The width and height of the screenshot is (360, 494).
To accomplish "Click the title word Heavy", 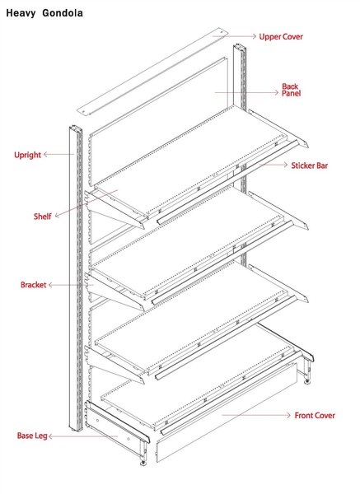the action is [21, 13].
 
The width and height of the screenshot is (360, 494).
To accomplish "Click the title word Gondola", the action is [63, 13].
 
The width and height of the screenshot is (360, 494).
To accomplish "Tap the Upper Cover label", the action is [281, 36].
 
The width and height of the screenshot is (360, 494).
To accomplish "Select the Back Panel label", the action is [291, 90].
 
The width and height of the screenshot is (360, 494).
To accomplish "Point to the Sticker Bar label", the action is [309, 165].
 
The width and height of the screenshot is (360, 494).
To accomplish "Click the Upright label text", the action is [27, 155].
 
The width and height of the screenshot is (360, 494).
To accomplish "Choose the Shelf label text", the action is [42, 217].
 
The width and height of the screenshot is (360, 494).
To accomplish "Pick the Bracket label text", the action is [34, 285].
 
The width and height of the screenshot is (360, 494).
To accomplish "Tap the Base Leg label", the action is [32, 436].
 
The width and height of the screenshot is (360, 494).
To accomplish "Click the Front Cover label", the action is [315, 416].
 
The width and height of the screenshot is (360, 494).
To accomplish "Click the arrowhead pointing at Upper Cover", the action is [254, 36].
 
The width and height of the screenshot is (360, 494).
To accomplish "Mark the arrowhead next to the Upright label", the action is [45, 155].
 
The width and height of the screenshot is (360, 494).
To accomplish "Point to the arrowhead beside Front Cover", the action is [288, 415].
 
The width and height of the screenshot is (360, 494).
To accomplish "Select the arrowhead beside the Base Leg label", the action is [51, 436].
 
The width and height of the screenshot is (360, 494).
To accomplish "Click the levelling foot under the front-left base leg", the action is [143, 463].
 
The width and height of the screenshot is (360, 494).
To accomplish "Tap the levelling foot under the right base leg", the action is [307, 382].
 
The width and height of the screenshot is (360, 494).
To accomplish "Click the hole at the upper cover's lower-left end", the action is [83, 111].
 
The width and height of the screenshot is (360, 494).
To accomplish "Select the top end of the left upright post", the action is [75, 128].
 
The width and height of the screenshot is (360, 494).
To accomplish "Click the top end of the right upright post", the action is [240, 47].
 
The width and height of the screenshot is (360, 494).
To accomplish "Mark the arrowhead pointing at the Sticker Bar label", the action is [285, 165].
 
